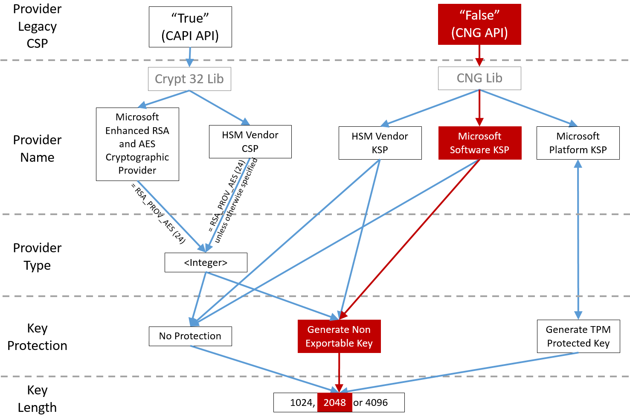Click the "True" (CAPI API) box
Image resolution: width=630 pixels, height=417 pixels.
pyautogui.click(x=190, y=27)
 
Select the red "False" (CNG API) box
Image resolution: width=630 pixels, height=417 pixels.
pyautogui.click(x=479, y=24)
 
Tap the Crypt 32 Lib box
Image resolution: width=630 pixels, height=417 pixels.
pyautogui.click(x=189, y=79)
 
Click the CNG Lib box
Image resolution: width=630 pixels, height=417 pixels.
pyautogui.click(x=479, y=78)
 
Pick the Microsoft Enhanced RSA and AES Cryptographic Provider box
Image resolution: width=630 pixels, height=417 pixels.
pyautogui.click(x=137, y=144)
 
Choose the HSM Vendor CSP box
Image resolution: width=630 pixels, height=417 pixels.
pyautogui.click(x=250, y=142)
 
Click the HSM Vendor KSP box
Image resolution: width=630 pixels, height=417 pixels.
pyautogui.click(x=380, y=143)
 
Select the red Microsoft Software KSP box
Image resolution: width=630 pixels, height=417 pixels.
pyautogui.click(x=480, y=143)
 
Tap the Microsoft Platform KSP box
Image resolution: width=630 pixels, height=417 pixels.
pyautogui.click(x=578, y=143)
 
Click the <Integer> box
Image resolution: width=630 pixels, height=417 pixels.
pyautogui.click(x=206, y=262)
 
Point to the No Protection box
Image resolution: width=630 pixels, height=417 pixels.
pyautogui.click(x=190, y=336)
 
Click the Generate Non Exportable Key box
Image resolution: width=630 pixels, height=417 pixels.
pyautogui.click(x=339, y=336)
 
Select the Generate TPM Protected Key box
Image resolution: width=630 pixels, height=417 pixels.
pyautogui.click(x=578, y=336)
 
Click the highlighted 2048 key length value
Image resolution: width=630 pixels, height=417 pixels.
pyautogui.click(x=335, y=402)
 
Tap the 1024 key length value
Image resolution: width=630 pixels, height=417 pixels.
pyautogui.click(x=302, y=402)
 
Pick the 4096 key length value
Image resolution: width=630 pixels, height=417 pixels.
pyautogui.click(x=377, y=402)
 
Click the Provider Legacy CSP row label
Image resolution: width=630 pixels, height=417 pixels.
pyautogui.click(x=37, y=26)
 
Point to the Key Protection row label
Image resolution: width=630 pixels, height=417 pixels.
pyautogui.click(x=37, y=337)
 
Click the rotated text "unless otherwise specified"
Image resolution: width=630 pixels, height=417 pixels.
pyautogui.click(x=236, y=201)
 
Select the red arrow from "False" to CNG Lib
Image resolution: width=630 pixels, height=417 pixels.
pyautogui.click(x=479, y=55)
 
